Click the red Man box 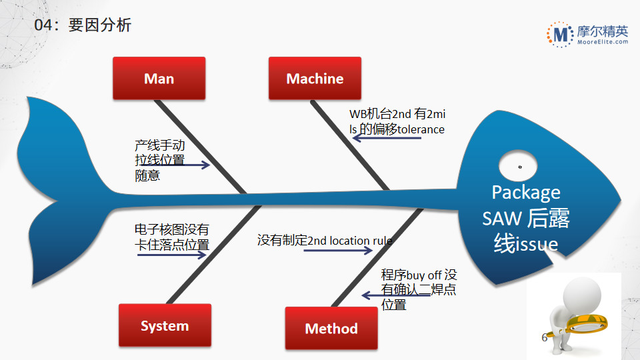pyautogui.click(x=159, y=79)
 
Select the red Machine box pyautogui.click(x=315, y=79)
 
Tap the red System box pyautogui.click(x=165, y=326)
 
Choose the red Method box pyautogui.click(x=331, y=328)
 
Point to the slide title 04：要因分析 pyautogui.click(x=83, y=25)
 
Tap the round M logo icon pyautogui.click(x=560, y=34)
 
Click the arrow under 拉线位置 pyautogui.click(x=175, y=165)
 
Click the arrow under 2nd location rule pyautogui.click(x=339, y=251)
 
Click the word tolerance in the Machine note pyautogui.click(x=421, y=129)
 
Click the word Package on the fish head pyautogui.click(x=525, y=192)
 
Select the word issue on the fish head pyautogui.click(x=535, y=244)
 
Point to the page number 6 pyautogui.click(x=544, y=338)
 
